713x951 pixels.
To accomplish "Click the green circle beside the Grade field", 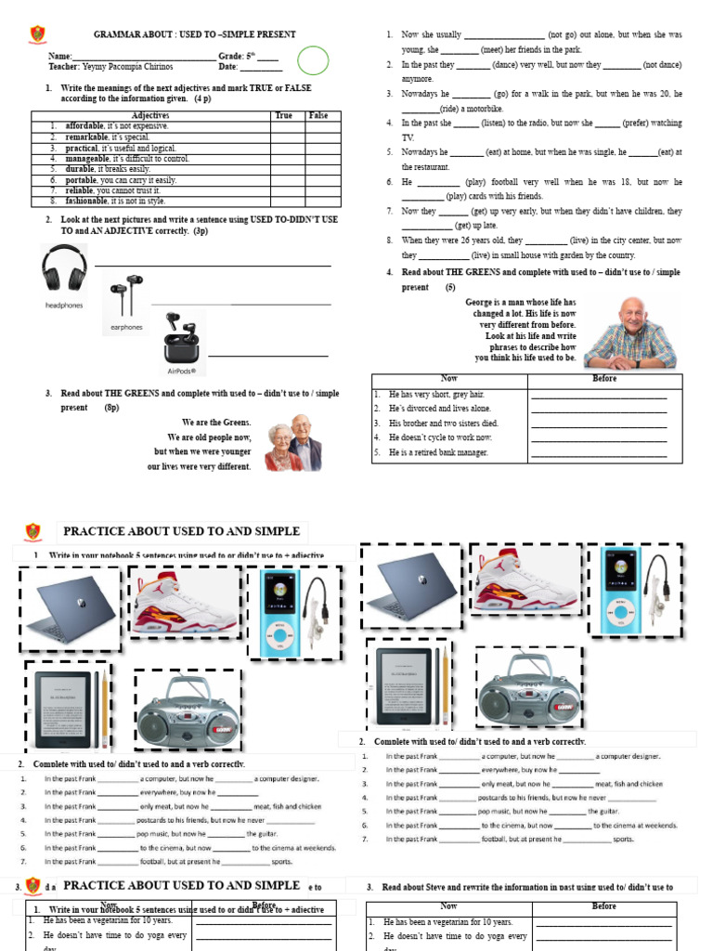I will [313, 60].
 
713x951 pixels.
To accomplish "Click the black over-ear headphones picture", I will [64, 268].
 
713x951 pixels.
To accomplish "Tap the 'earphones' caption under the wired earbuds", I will [126, 327].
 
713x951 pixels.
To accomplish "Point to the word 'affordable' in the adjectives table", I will [84, 125].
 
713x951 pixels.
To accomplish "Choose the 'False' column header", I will [318, 115].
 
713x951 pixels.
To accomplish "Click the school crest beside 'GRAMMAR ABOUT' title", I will [37, 34].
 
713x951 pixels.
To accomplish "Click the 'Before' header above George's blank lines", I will [604, 379].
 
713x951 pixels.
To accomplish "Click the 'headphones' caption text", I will [64, 305].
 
